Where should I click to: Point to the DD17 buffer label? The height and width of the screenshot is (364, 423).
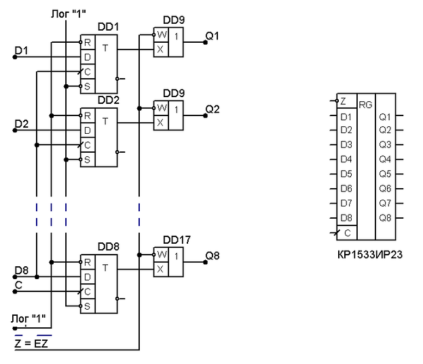pos(177,240)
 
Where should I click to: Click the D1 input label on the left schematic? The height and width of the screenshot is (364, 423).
pos(22,50)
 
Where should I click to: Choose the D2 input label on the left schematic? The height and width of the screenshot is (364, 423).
pos(22,124)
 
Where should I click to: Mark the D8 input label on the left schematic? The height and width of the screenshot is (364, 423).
pos(22,271)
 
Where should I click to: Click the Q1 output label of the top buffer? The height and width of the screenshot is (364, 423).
pos(213,37)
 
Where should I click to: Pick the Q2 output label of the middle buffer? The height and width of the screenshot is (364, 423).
pos(213,109)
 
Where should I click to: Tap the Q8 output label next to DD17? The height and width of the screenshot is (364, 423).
pos(213,256)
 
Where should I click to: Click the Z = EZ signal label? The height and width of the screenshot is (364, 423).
pos(33,344)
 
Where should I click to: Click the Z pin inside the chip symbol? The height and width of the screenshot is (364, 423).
pos(344,101)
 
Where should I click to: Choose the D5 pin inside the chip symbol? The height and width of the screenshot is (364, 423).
pos(346,174)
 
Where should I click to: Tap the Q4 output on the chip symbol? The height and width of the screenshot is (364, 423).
pos(386,159)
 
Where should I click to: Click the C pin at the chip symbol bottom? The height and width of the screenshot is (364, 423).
pos(347,232)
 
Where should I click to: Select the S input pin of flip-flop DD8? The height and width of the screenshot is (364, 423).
pos(88,306)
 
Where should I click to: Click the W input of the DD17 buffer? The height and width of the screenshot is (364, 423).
pos(161,255)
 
